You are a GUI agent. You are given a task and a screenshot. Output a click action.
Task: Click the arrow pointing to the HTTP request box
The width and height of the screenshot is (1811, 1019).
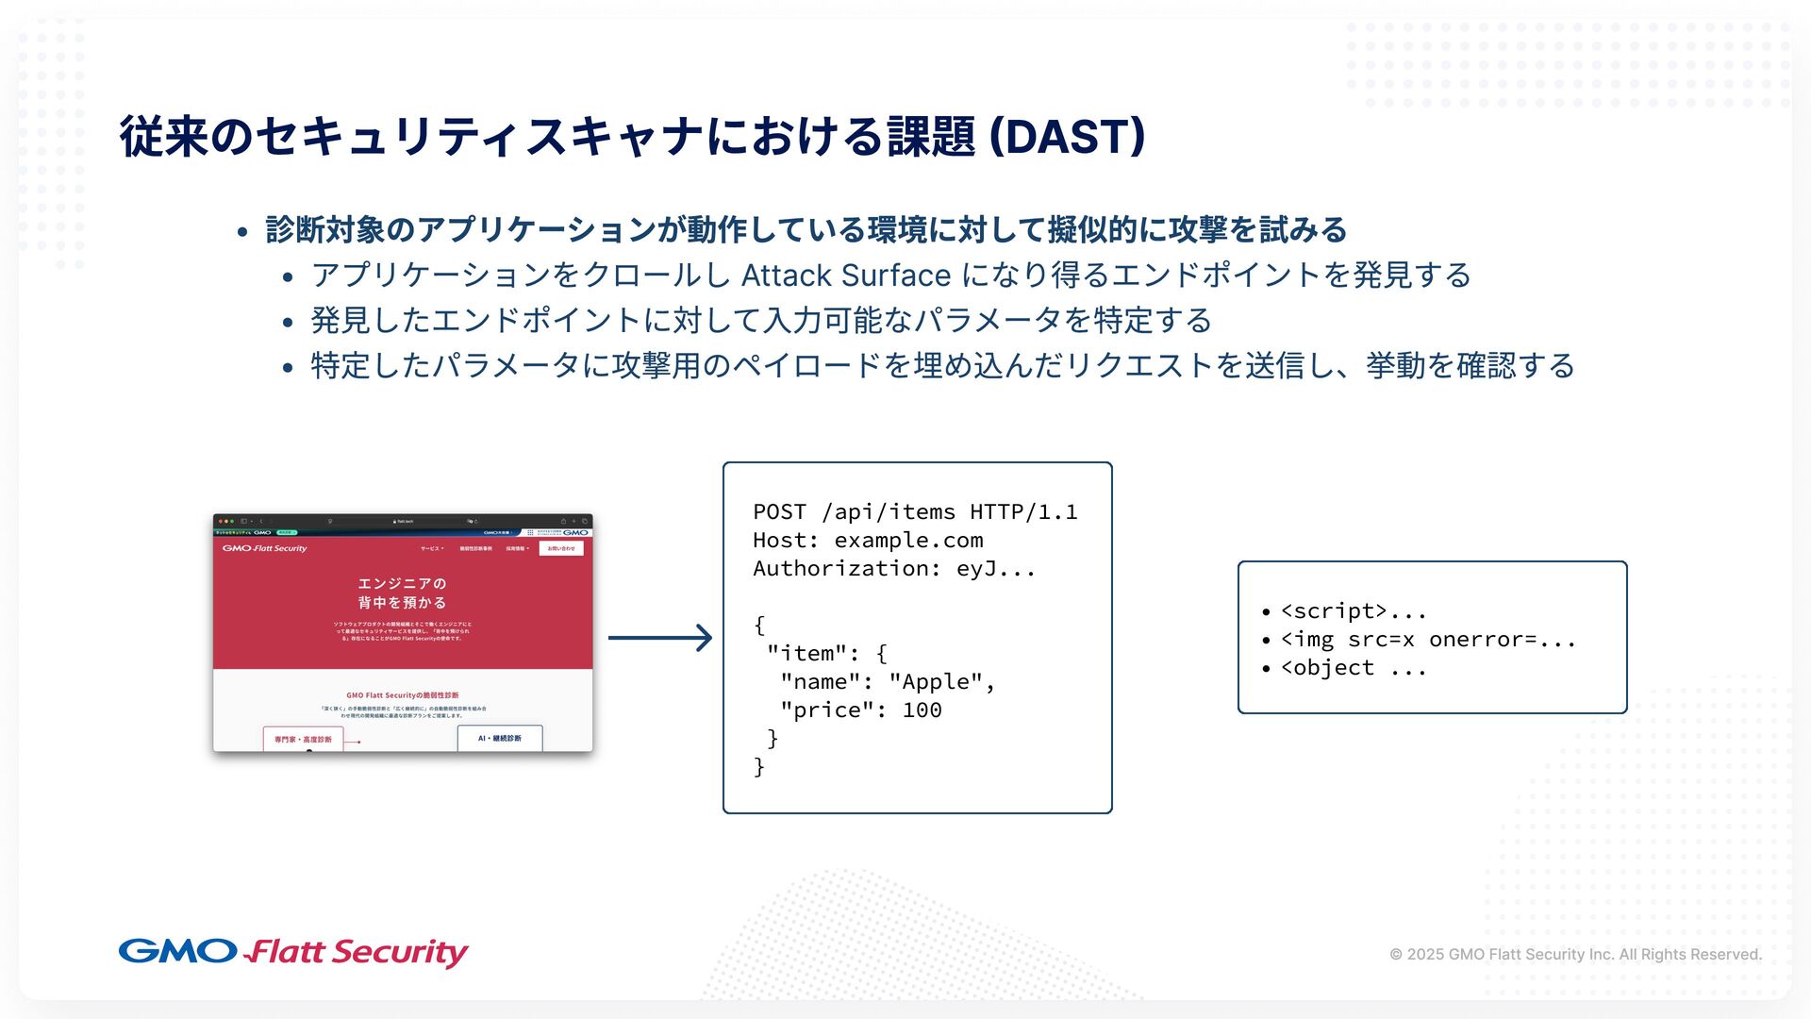coord(659,638)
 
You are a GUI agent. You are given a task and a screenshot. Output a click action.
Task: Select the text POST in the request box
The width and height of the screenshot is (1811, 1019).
coord(779,512)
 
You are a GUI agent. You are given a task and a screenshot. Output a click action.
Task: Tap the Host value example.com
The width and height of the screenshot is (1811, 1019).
coord(908,541)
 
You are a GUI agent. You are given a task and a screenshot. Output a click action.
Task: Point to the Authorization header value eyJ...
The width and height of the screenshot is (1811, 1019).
coord(995,569)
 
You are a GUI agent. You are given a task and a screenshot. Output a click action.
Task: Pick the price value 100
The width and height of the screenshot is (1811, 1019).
coord(922,710)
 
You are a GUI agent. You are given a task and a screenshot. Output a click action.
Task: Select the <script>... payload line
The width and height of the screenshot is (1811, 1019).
coord(1353,611)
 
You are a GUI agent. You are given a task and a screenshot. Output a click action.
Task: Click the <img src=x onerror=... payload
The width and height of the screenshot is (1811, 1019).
coord(1428,640)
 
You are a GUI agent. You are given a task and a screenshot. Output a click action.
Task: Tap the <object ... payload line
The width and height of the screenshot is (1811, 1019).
coord(1353,668)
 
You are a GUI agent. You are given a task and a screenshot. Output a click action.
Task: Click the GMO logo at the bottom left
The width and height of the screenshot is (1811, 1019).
coord(177,951)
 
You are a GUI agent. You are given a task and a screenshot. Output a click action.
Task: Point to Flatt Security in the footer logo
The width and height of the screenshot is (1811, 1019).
coord(357,953)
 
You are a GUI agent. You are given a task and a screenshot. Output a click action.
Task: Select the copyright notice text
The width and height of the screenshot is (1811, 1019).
coord(1575,954)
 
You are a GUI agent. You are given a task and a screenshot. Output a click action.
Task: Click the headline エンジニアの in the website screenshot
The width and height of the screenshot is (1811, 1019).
coord(402,584)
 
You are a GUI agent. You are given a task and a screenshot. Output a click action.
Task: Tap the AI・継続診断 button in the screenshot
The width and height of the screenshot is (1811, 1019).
coord(499,739)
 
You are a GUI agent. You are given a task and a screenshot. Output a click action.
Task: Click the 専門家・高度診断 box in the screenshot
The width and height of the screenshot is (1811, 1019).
coord(303,740)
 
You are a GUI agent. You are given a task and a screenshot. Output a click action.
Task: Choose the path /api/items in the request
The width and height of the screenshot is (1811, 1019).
coord(888,512)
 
